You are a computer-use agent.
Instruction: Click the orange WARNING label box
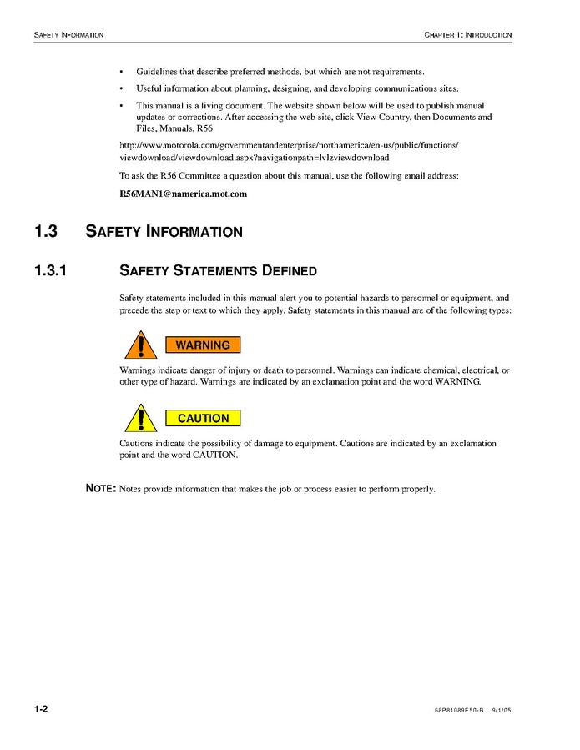pyautogui.click(x=203, y=345)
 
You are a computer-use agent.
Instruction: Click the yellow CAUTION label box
pyautogui.click(x=203, y=418)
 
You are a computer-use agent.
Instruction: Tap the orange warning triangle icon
pyautogui.click(x=141, y=345)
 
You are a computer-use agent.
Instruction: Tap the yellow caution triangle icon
pyautogui.click(x=141, y=419)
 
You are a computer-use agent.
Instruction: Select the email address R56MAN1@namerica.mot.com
pyautogui.click(x=184, y=194)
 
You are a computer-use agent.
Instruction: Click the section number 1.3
pyautogui.click(x=46, y=231)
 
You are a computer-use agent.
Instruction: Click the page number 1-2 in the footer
pyautogui.click(x=41, y=710)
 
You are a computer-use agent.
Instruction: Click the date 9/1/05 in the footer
pyautogui.click(x=501, y=711)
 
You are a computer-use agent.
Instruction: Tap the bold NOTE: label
pyautogui.click(x=101, y=489)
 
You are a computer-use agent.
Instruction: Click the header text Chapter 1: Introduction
pyautogui.click(x=467, y=35)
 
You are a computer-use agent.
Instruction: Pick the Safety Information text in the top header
pyautogui.click(x=68, y=35)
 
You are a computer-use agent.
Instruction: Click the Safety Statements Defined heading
pyautogui.click(x=219, y=270)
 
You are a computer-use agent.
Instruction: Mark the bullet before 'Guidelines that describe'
pyautogui.click(x=122, y=72)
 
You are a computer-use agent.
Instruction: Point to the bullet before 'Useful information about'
pyautogui.click(x=122, y=88)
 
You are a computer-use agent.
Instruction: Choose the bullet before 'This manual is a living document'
pyautogui.click(x=122, y=106)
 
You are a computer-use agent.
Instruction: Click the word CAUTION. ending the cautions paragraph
pyautogui.click(x=215, y=456)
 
